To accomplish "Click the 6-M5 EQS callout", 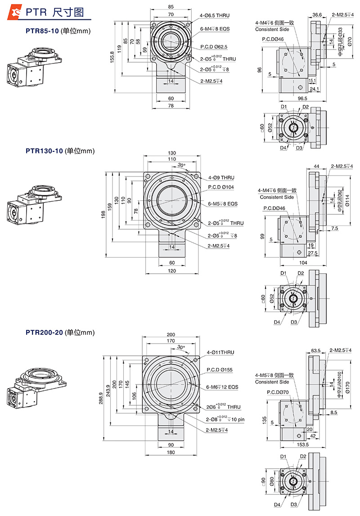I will coord(222,204).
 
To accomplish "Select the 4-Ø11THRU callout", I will coord(220,352).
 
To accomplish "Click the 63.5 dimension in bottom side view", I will coord(315,350).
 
